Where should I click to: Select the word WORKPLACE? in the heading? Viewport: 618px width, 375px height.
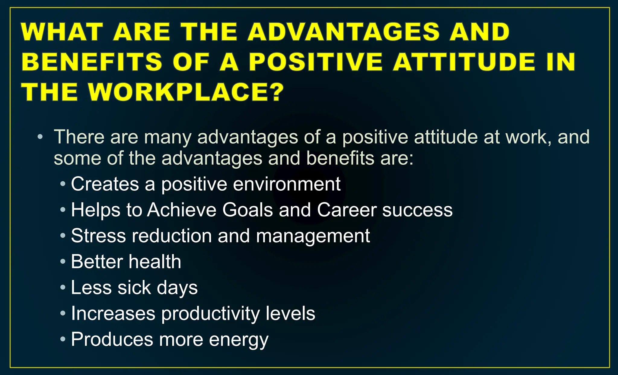coord(186,92)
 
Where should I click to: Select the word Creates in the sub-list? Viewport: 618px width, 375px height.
coord(105,184)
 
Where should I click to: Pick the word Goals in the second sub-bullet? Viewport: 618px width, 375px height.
coord(247,210)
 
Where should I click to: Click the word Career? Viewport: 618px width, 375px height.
coord(346,210)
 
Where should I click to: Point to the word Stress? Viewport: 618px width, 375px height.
coord(98,236)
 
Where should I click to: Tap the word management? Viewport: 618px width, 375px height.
coord(313,236)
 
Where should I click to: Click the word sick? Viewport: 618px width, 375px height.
coord(134,288)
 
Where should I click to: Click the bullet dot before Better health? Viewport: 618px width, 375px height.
coord(63,262)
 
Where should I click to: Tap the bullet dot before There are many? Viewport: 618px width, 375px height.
coord(40,137)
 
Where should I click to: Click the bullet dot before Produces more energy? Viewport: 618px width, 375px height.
coord(63,339)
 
